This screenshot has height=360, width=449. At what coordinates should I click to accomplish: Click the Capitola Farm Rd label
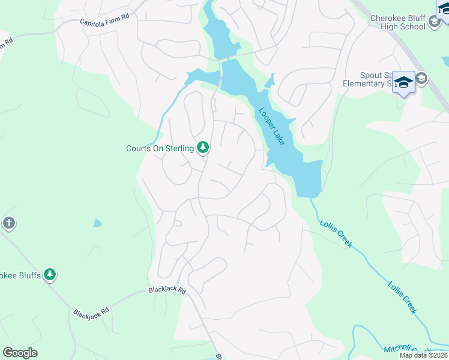click(105, 19)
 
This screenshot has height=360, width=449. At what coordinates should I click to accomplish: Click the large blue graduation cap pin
click(403, 82)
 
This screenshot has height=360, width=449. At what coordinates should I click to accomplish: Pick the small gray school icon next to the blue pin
click(422, 78)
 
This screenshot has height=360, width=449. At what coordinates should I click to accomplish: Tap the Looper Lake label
click(272, 126)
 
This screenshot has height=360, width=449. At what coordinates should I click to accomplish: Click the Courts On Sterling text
click(160, 148)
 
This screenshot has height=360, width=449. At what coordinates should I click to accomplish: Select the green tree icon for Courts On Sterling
click(203, 148)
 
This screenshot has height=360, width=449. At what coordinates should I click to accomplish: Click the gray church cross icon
click(8, 223)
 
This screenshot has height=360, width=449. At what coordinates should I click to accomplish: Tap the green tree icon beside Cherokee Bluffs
click(50, 275)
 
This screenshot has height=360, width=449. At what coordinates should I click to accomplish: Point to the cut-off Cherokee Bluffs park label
click(20, 275)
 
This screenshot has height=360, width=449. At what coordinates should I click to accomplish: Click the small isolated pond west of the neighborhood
click(97, 223)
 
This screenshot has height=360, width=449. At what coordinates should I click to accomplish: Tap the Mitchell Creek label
click(407, 350)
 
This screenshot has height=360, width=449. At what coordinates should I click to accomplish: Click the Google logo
click(20, 353)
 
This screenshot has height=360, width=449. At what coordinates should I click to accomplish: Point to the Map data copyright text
click(423, 355)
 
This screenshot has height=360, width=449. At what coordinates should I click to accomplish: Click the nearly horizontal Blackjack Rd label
click(167, 291)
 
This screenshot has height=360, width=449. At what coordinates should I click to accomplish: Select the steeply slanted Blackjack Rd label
click(91, 313)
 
